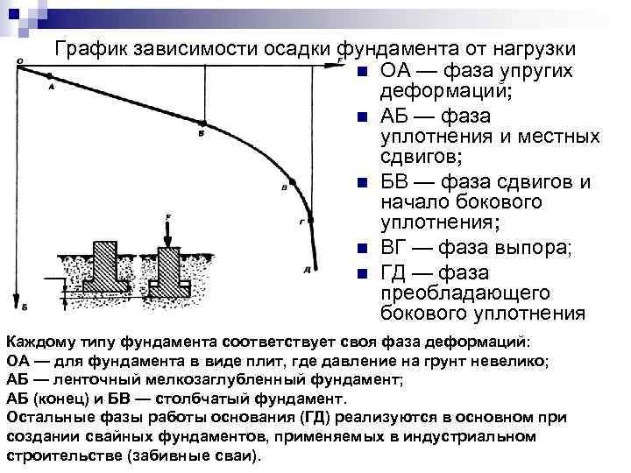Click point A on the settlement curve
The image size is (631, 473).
pyautogui.click(x=49, y=77)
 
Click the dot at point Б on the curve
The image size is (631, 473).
pyautogui.click(x=203, y=124)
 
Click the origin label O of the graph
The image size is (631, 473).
pyautogui.click(x=19, y=60)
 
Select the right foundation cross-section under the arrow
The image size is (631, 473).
pyautogui.click(x=169, y=272)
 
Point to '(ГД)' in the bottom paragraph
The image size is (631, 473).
pyautogui.click(x=317, y=418)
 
